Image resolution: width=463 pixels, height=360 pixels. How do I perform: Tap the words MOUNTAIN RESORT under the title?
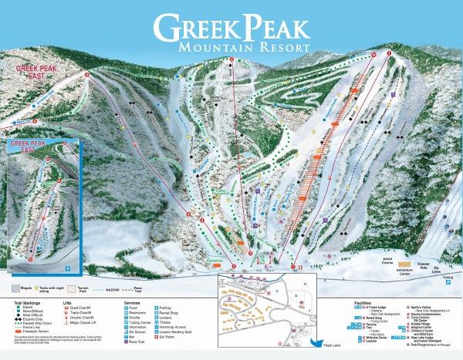point(243,49)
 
